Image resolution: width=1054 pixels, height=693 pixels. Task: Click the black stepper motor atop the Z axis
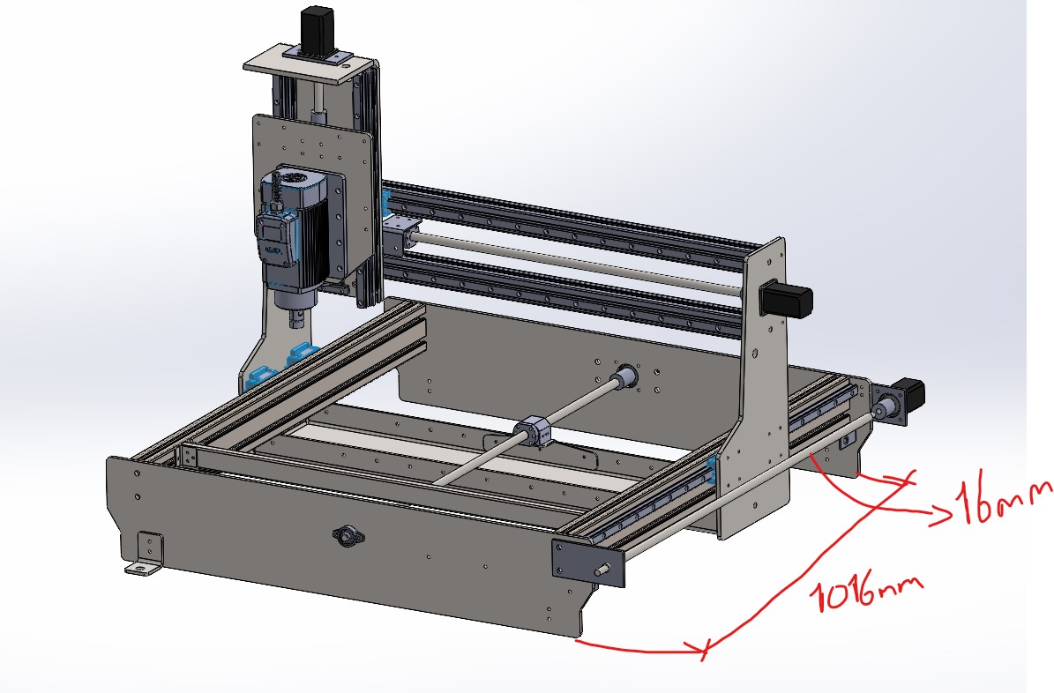318,28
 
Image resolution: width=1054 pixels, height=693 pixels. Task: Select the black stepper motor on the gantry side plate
785,300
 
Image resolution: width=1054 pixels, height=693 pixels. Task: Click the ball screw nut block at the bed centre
534,431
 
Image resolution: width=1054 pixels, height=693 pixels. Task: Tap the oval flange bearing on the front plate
348,536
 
